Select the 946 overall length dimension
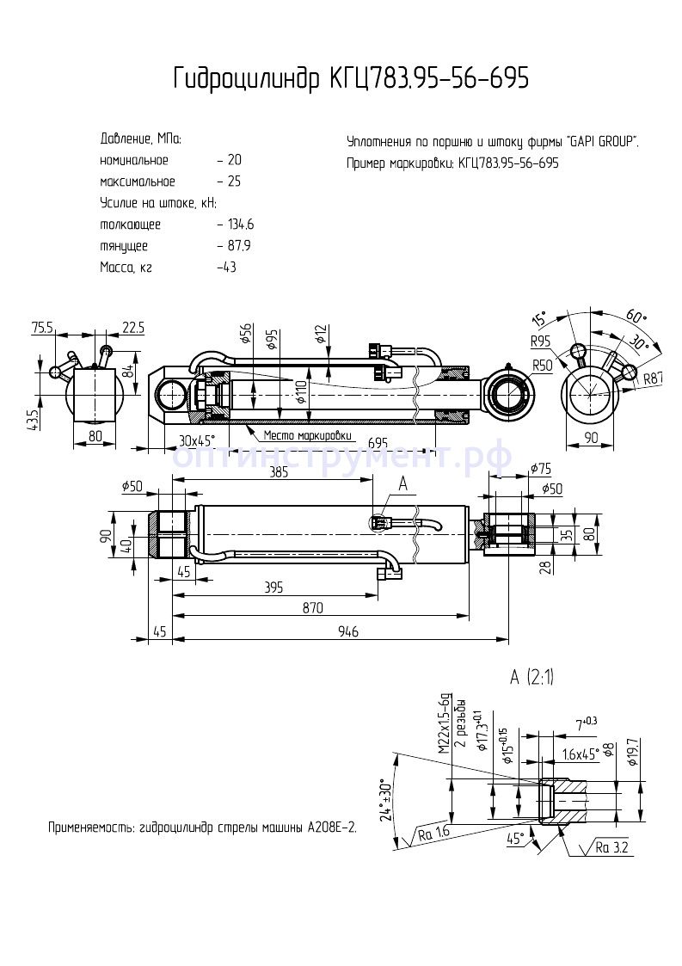347,631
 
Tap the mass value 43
228,268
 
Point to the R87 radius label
654,378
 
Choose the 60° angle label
637,315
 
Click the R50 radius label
542,366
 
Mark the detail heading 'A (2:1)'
532,678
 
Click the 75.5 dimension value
43,327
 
